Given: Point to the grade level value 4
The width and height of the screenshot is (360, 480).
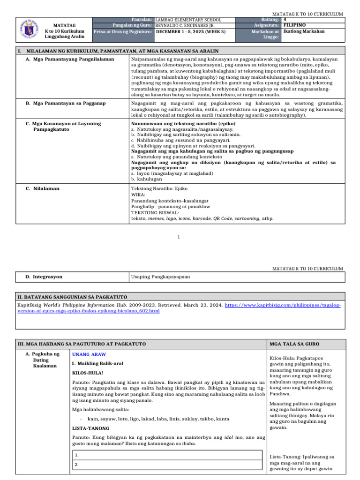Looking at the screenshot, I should pos(285,20).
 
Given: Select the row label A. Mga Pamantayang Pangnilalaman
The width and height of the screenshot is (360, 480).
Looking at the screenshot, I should pos(70,60).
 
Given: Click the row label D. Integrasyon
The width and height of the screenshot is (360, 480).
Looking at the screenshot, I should pos(44,277).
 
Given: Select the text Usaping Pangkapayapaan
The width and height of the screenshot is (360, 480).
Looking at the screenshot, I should pos(160,277).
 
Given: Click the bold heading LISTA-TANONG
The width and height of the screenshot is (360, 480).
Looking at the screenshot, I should pos(90,428).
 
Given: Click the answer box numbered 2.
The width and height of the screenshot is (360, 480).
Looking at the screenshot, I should pos(167,464).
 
